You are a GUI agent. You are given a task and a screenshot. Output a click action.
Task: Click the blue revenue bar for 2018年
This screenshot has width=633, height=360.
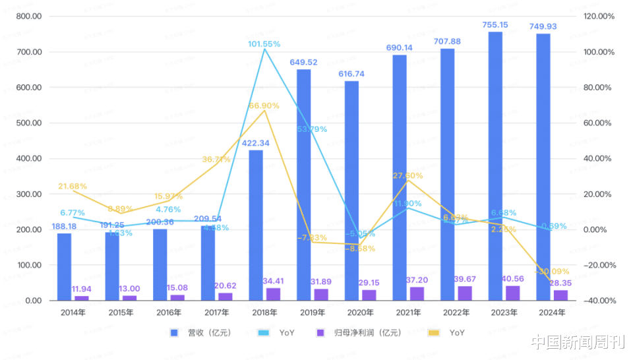(255, 225)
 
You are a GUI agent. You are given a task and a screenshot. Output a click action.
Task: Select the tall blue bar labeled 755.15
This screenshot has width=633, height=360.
(495, 165)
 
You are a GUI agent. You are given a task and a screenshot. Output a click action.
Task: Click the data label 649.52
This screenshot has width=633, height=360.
(303, 63)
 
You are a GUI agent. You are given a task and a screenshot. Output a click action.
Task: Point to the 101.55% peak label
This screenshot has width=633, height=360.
(264, 44)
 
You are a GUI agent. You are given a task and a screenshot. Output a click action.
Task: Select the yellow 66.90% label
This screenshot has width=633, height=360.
(264, 105)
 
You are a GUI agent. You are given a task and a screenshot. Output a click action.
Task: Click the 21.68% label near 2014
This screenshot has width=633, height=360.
(73, 187)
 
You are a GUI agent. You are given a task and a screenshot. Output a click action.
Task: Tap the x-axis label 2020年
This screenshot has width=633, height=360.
(351, 312)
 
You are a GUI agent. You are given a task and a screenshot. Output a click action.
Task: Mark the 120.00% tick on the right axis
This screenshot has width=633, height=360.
(600, 16)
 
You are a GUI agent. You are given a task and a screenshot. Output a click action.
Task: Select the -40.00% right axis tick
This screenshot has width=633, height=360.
(599, 301)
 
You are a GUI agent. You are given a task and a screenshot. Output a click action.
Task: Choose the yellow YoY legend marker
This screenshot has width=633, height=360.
(434, 333)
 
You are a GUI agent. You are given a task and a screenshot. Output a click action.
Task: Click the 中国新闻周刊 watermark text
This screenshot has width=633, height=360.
(577, 342)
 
